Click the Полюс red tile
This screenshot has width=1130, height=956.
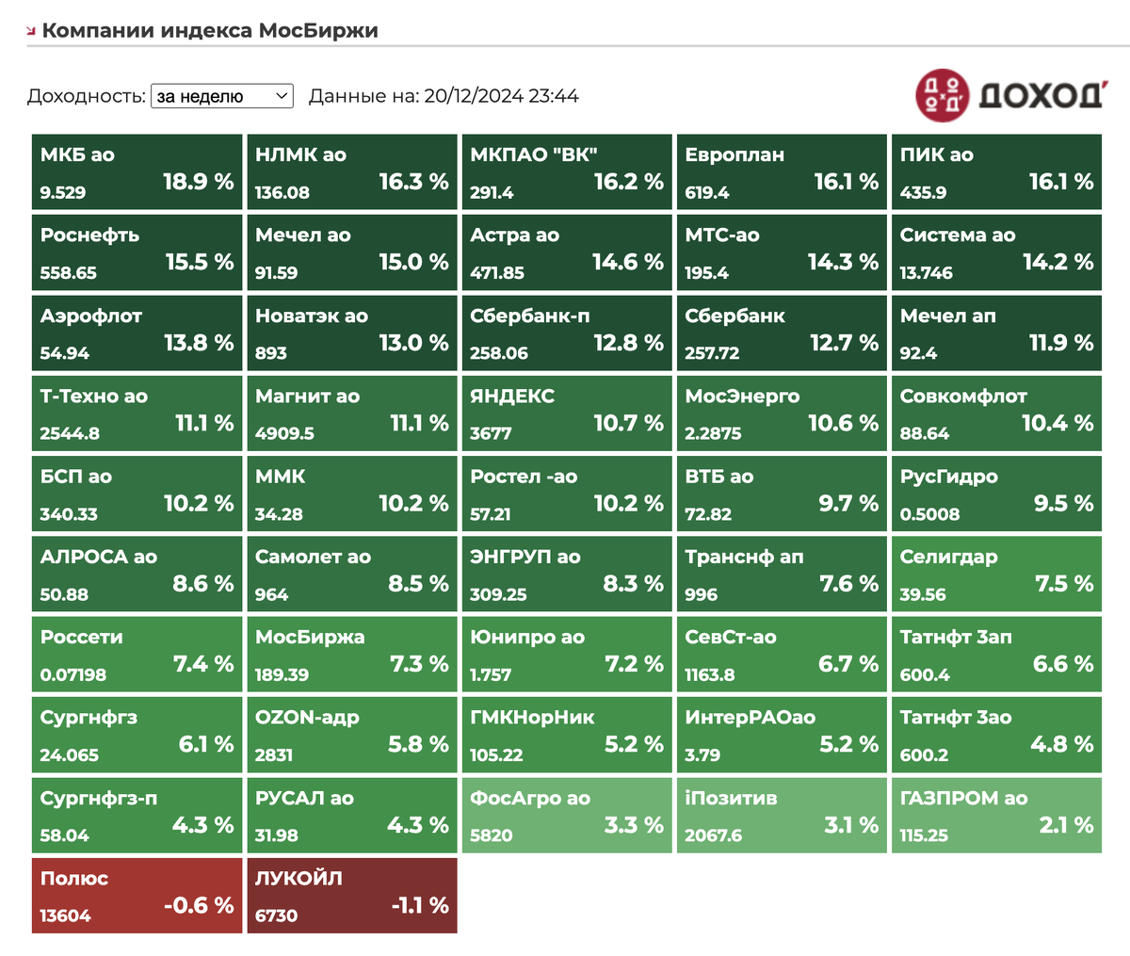(137, 896)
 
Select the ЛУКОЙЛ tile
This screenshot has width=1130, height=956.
(351, 896)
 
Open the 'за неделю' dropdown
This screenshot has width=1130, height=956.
(222, 96)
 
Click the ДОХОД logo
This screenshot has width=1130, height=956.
(1009, 95)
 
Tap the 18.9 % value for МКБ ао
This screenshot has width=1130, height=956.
(199, 182)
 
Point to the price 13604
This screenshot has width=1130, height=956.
(66, 915)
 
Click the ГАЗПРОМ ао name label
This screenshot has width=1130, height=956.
(963, 798)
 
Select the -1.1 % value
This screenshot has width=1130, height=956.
(420, 905)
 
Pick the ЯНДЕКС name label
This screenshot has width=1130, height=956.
(512, 397)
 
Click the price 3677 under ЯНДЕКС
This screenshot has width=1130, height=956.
(491, 433)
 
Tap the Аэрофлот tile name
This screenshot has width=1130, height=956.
(91, 316)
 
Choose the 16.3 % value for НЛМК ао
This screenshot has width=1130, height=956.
(413, 182)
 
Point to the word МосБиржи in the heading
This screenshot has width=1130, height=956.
(318, 30)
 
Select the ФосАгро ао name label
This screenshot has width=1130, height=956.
(530, 798)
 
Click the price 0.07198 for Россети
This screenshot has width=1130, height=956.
(73, 674)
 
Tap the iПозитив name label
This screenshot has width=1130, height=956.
(731, 798)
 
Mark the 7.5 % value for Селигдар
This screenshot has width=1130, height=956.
(1063, 584)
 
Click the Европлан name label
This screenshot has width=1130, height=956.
(734, 155)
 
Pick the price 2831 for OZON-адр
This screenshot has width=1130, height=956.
(274, 755)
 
